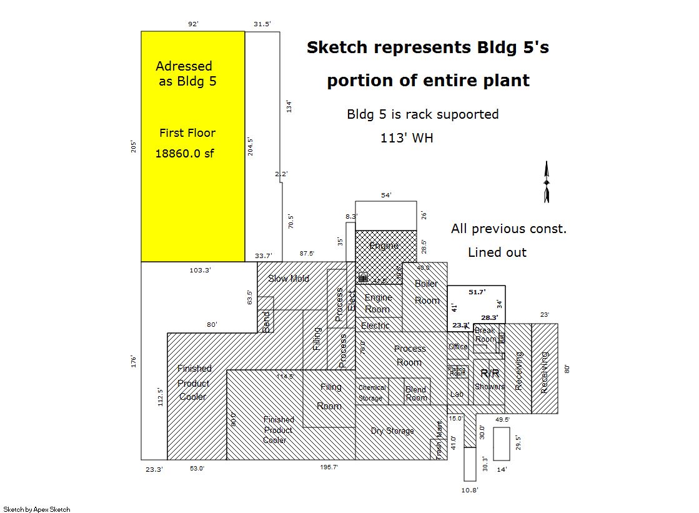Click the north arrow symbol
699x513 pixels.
pyautogui.click(x=547, y=182)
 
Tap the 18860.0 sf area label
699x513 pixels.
pyautogui.click(x=184, y=154)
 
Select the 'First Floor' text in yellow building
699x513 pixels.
pyautogui.click(x=187, y=132)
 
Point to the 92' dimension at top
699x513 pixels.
pyautogui.click(x=193, y=24)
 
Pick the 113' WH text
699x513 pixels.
pyautogui.click(x=407, y=138)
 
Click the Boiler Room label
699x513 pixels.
pyautogui.click(x=427, y=292)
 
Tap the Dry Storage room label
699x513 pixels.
pyautogui.click(x=392, y=431)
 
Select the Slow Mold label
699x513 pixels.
pyautogui.click(x=289, y=278)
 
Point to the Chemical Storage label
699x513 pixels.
pyautogui.click(x=372, y=392)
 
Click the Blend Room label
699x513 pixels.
pyautogui.click(x=416, y=394)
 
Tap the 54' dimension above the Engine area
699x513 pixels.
pyautogui.click(x=386, y=195)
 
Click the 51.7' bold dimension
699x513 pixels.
pyautogui.click(x=477, y=291)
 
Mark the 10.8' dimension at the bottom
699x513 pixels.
pyautogui.click(x=470, y=490)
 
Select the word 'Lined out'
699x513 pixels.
pyautogui.click(x=497, y=252)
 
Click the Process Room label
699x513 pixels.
pyautogui.click(x=410, y=355)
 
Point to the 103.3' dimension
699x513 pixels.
pyautogui.click(x=200, y=270)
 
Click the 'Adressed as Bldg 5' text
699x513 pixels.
pyautogui.click(x=186, y=73)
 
